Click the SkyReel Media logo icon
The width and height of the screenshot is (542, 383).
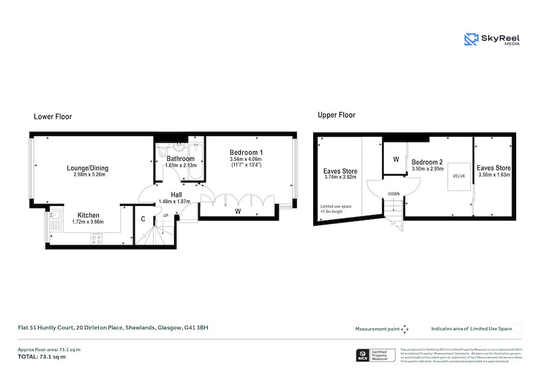tap(471, 40)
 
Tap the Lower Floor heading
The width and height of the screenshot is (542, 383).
tap(52, 116)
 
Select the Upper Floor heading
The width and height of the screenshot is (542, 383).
tap(337, 115)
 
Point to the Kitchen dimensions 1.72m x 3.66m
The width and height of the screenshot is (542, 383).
tap(88, 222)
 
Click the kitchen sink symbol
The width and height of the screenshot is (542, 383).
tap(53, 217)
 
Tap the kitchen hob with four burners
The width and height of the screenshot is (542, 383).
tap(96, 238)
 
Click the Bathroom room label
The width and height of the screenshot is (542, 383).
tap(181, 159)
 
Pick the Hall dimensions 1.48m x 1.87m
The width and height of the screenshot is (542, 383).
tap(174, 202)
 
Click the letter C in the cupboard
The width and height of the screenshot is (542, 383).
tap(143, 219)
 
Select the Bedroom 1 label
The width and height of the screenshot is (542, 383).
tap(247, 152)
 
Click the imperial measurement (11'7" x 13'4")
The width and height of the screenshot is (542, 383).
tap(247, 165)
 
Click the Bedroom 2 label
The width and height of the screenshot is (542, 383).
tap(428, 162)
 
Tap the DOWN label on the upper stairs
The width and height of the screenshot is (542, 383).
tap(393, 194)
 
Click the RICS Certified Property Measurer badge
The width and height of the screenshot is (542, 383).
tap(376, 355)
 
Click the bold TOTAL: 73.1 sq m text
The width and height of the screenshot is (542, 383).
tap(42, 357)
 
